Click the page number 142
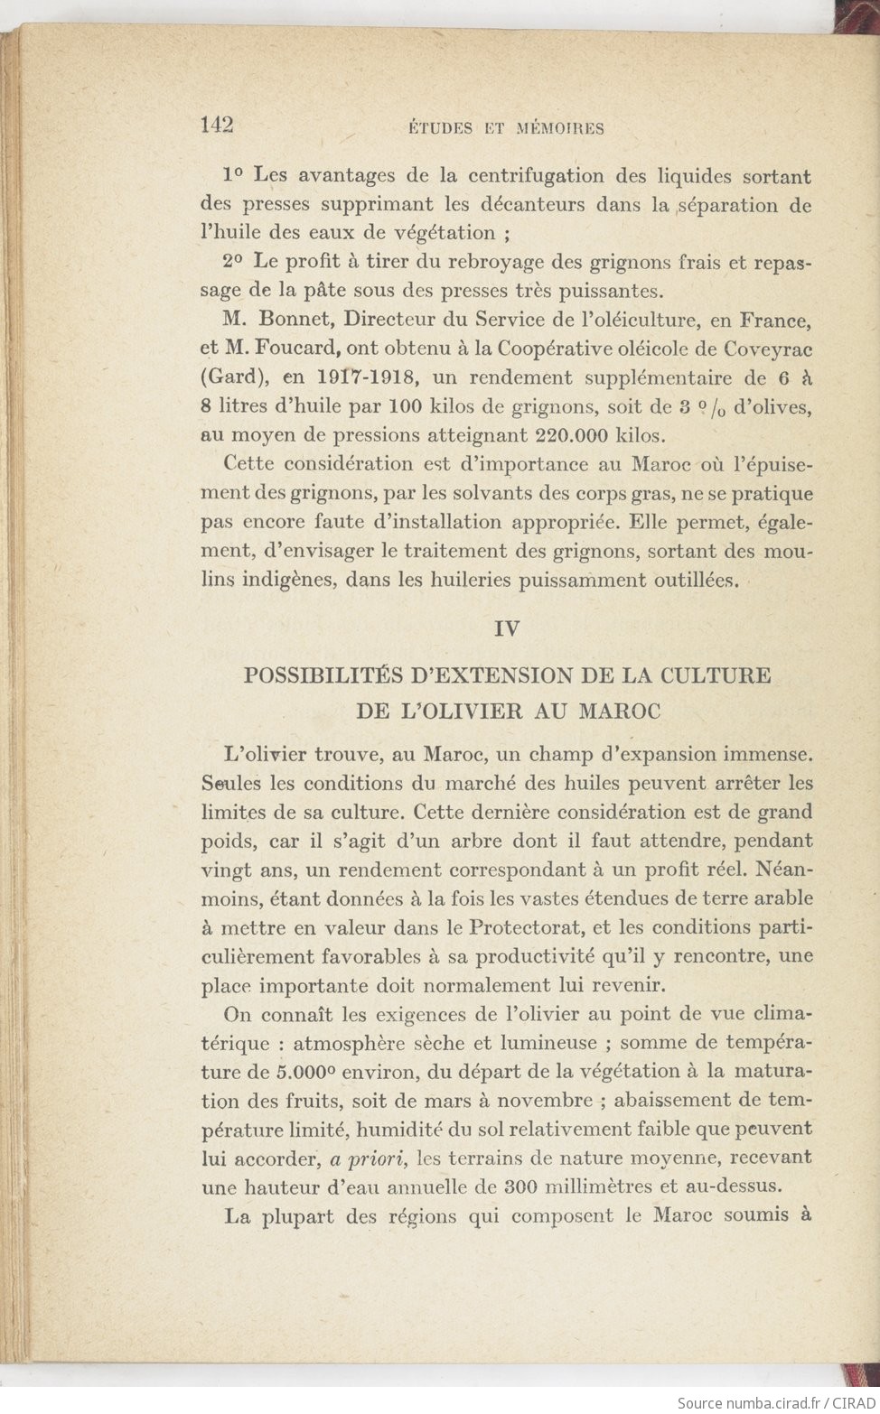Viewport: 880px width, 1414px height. pos(217,126)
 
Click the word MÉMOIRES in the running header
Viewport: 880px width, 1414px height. pos(559,128)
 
